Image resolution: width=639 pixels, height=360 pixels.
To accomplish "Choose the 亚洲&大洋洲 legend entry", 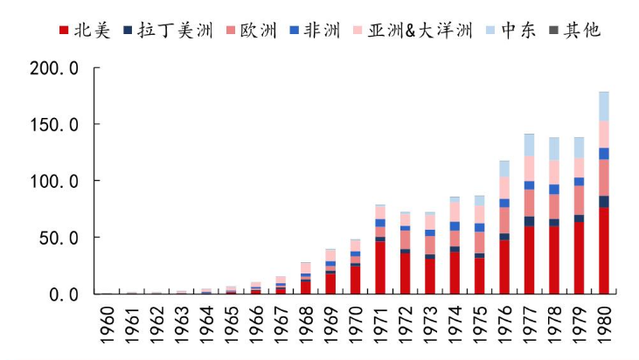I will (419, 31).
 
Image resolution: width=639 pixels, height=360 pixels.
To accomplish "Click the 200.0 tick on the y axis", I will (54, 67).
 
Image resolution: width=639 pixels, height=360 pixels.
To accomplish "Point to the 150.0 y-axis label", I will (54, 124).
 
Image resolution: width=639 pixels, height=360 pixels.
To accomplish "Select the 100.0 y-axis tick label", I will (54, 181).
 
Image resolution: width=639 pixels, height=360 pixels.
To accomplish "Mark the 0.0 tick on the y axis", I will (65, 294).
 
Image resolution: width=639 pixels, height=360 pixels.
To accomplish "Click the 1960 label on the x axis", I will (106, 325).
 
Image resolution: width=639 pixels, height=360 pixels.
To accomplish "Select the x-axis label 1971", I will (379, 325).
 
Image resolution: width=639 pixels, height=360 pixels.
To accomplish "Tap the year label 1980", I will (604, 325).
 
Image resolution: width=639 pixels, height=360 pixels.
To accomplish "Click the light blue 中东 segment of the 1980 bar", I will (604, 106).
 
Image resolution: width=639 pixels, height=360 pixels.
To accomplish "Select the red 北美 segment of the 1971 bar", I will (379, 267).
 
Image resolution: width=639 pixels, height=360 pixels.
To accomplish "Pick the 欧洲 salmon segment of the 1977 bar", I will (529, 203).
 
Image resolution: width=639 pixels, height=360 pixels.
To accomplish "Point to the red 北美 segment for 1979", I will (579, 258).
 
